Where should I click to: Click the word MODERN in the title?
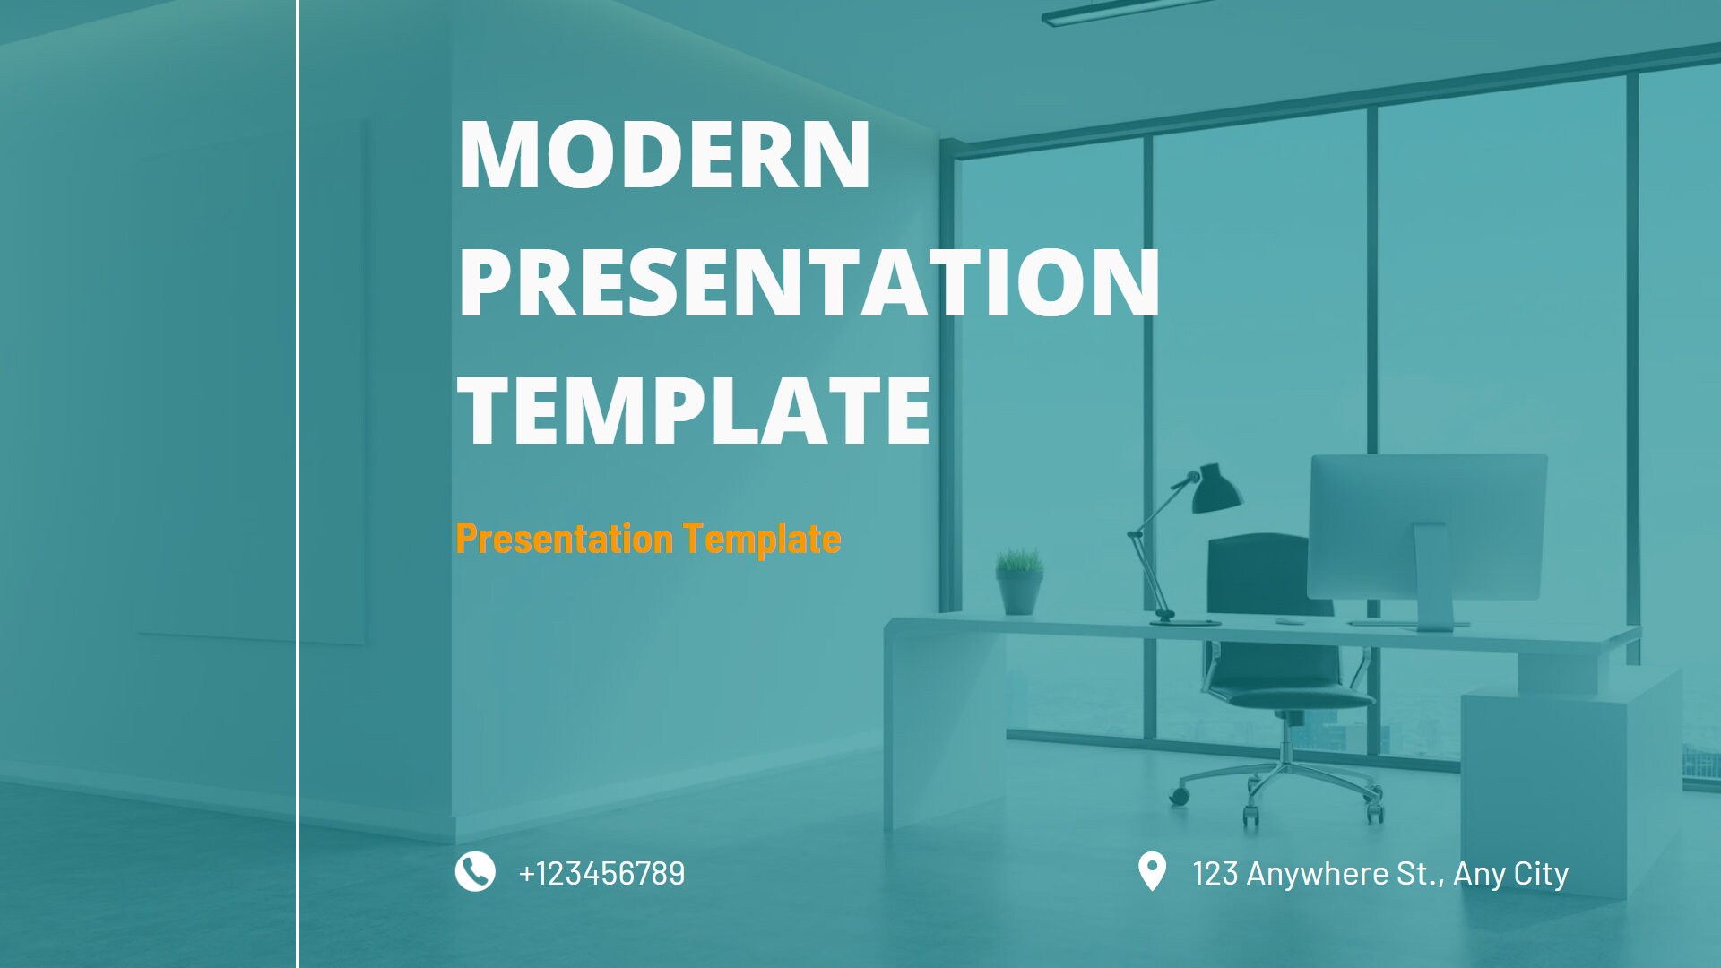point(663,154)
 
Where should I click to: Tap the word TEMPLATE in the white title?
point(694,411)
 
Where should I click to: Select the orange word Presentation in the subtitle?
point(564,539)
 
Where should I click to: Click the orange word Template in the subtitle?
point(762,539)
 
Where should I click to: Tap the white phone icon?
point(475,871)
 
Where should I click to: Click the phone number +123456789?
point(601,873)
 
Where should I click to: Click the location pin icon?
point(1152,871)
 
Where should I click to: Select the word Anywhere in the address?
point(1317,873)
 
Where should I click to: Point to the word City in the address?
point(1541,873)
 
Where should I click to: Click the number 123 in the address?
point(1215,873)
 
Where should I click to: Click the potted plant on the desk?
point(1020,583)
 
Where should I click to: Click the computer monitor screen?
point(1427,524)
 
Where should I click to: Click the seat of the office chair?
point(1291,697)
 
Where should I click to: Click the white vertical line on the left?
point(298,484)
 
